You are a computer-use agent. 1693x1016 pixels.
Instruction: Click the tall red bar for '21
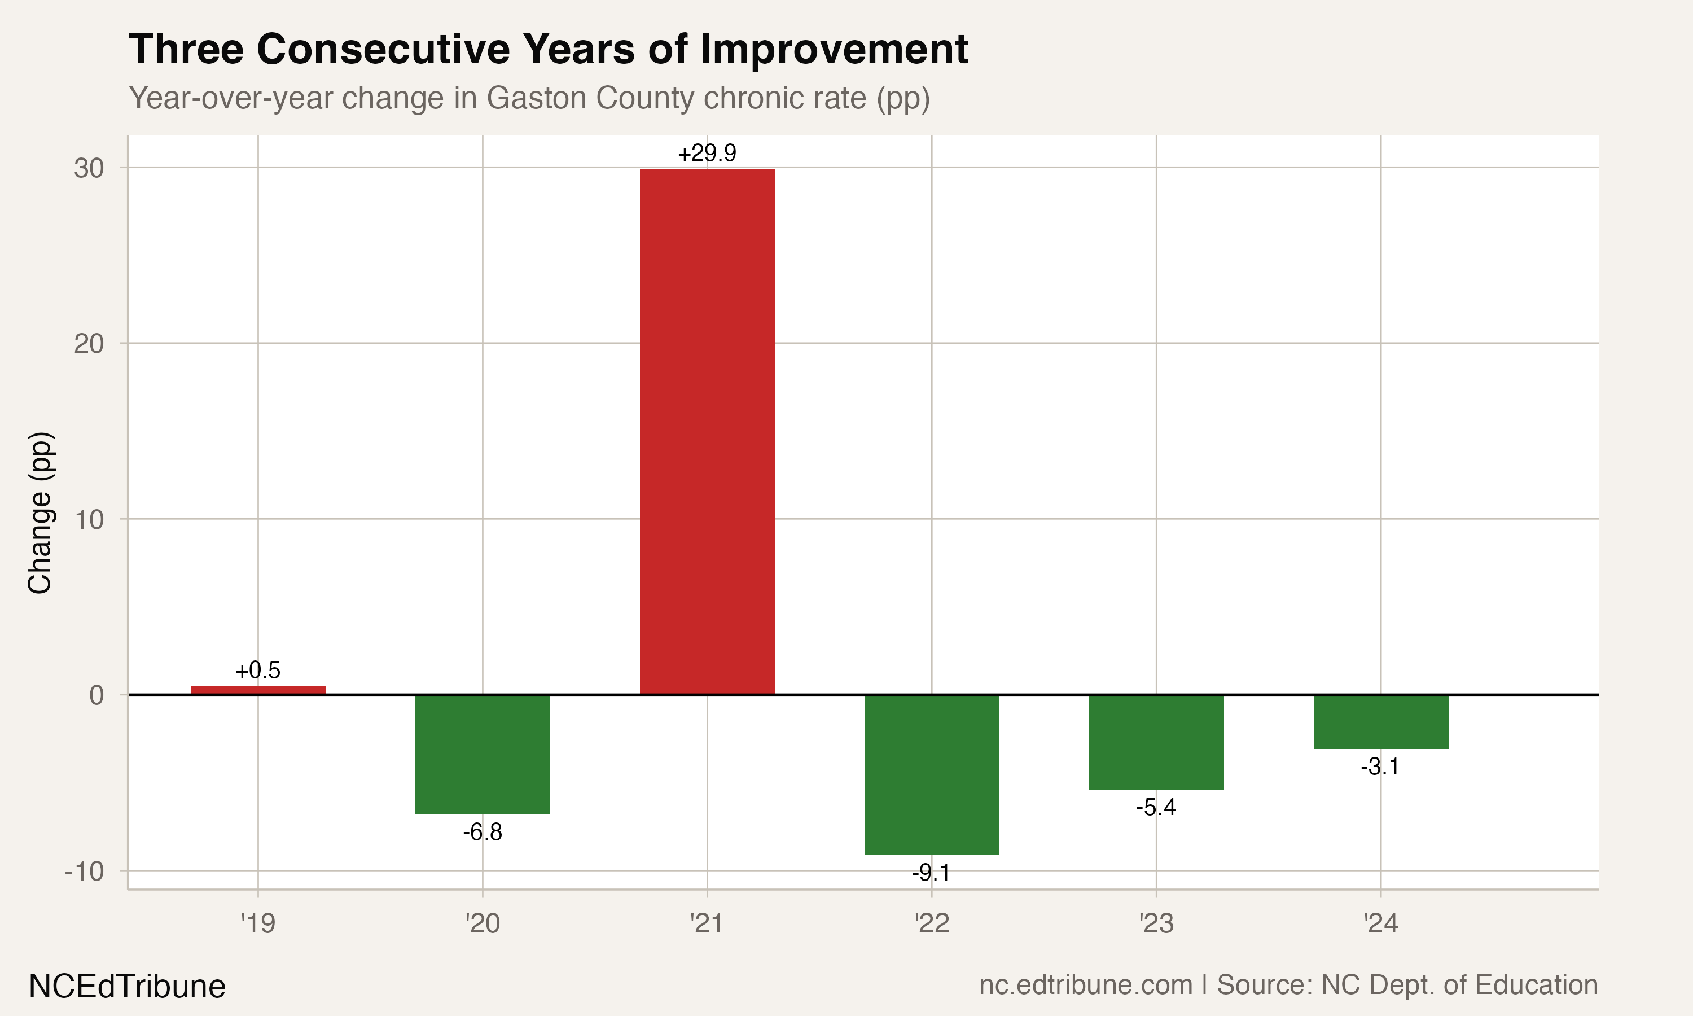coord(707,432)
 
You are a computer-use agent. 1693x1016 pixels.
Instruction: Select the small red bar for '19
coord(258,690)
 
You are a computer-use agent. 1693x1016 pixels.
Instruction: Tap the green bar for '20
coord(483,755)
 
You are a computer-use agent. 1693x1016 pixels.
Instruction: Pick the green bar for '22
coord(931,775)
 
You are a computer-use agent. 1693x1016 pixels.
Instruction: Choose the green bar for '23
coord(1156,742)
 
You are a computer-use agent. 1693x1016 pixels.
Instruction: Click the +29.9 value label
coord(707,152)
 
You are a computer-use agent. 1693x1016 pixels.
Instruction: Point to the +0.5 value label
coord(258,670)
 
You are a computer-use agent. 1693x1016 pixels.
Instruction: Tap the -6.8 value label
coord(483,833)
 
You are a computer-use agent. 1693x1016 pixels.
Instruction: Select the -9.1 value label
coord(931,873)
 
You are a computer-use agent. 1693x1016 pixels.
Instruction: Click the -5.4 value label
coord(1156,808)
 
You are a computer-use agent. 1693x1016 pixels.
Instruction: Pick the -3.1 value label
coord(1381,767)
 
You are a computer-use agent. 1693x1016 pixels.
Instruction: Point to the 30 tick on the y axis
coord(89,168)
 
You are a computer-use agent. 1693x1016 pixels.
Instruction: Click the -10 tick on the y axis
coord(84,872)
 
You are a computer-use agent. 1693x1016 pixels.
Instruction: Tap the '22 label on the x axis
coord(931,923)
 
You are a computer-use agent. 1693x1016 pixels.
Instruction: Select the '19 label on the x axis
coord(258,923)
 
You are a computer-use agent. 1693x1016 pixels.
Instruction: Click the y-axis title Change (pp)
coord(40,513)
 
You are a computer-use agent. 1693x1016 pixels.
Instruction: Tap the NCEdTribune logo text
coord(128,987)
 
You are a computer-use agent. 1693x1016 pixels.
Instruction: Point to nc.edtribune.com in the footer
coord(1086,985)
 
